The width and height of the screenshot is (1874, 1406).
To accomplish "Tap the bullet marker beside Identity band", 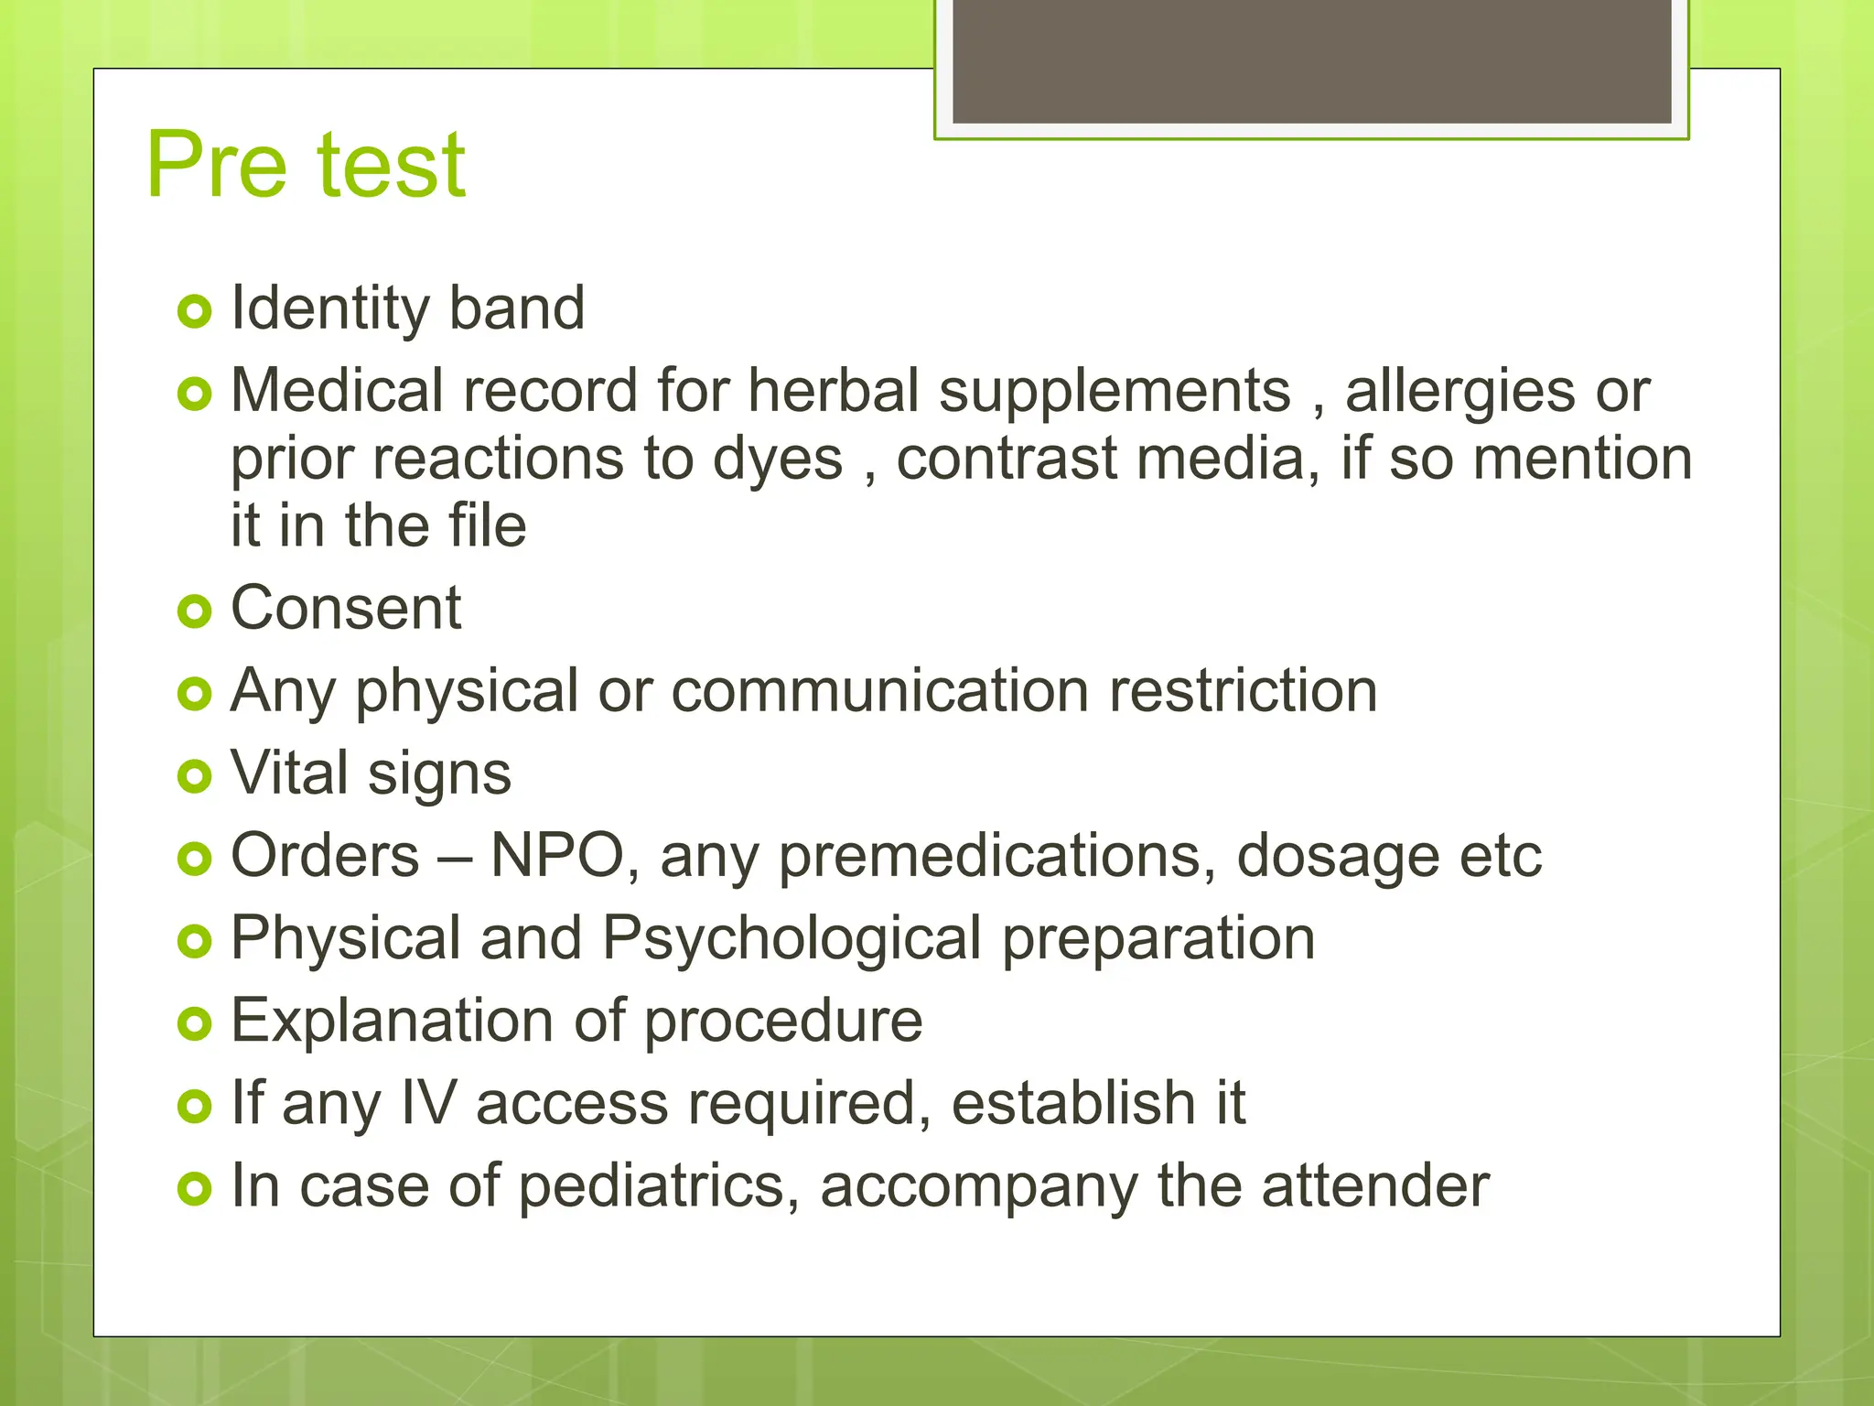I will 195,312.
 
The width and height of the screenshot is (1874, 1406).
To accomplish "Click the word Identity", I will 329,308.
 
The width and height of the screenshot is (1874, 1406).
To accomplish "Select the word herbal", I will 833,391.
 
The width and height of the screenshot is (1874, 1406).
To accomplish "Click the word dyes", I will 777,460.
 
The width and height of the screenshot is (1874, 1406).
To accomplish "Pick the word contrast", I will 1007,459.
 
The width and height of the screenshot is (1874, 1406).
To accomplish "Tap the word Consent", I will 346,608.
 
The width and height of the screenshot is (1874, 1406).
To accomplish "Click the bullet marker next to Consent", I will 195,611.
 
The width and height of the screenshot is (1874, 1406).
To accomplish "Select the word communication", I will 879,690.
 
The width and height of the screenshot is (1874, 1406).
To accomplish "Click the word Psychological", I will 792,940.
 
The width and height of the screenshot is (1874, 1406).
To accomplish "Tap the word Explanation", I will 391,1022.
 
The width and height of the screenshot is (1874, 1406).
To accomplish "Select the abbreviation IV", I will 428,1103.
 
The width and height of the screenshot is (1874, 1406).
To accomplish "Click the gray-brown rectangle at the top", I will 1311,60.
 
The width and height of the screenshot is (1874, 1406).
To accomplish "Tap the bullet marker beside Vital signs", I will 195,777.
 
